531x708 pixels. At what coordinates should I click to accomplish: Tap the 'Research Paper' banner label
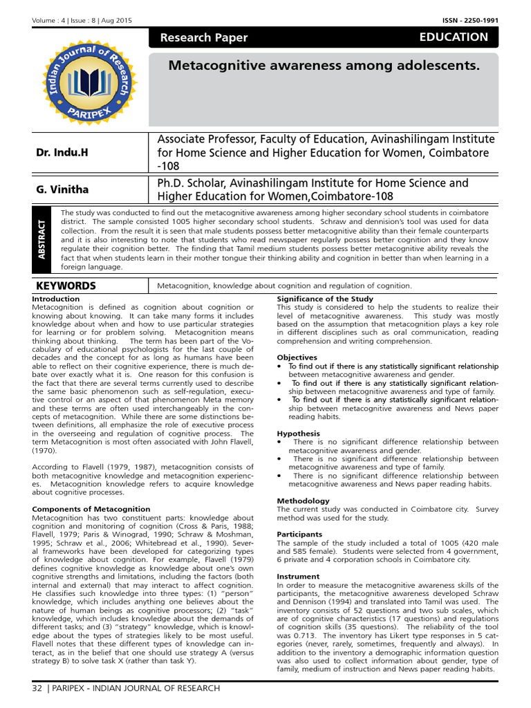click(203, 38)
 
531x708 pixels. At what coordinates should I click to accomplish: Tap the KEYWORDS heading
click(66, 286)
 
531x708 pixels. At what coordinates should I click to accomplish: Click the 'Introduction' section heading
click(56, 299)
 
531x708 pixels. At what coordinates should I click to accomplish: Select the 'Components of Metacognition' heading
click(91, 509)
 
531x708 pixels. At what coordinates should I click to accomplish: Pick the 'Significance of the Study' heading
click(325, 299)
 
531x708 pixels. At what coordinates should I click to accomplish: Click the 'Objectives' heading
click(297, 357)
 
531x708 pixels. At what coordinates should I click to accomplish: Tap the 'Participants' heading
click(299, 534)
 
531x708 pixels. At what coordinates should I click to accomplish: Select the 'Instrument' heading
click(298, 576)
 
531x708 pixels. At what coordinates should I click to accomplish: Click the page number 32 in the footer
click(37, 688)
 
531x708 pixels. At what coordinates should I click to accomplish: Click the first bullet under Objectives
click(279, 366)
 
